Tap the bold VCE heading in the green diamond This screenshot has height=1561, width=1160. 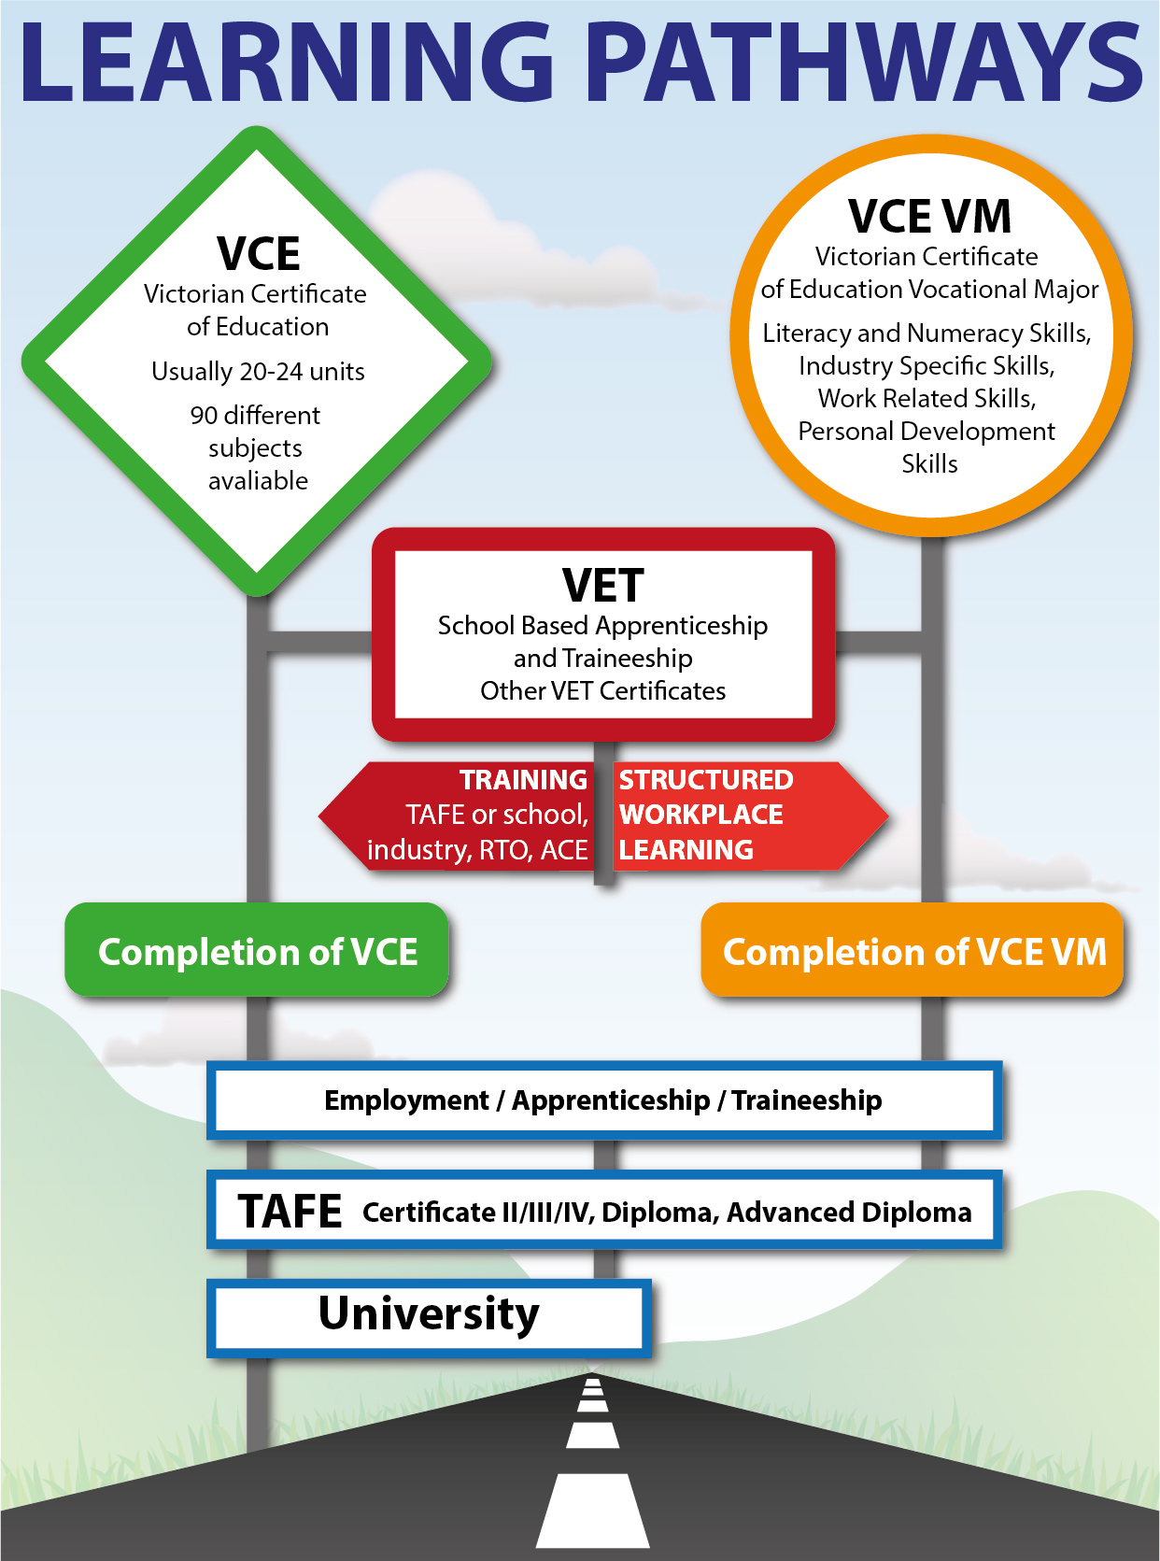[x=259, y=254]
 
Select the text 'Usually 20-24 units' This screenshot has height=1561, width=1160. [x=259, y=372]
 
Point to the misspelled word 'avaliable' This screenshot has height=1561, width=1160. [x=259, y=481]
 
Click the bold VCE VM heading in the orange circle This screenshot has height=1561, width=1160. [x=929, y=216]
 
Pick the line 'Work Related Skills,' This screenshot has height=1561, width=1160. [x=927, y=399]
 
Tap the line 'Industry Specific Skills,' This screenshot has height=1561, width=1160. [x=927, y=366]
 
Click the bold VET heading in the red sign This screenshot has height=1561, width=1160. [x=603, y=586]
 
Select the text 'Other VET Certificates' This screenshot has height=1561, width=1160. [x=603, y=691]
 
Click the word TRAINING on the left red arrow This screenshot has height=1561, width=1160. [x=524, y=780]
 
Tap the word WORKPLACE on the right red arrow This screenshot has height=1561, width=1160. [x=701, y=815]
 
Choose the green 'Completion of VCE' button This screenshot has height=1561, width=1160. [x=257, y=949]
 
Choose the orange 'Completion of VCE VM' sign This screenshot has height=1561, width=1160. [x=912, y=949]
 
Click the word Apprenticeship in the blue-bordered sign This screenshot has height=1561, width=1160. [x=611, y=1100]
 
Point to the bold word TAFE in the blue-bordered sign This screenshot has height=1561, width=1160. [x=290, y=1212]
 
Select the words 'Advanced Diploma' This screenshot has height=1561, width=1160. [x=849, y=1213]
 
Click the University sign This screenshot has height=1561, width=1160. [x=430, y=1318]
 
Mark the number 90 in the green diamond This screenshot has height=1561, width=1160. [x=204, y=416]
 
